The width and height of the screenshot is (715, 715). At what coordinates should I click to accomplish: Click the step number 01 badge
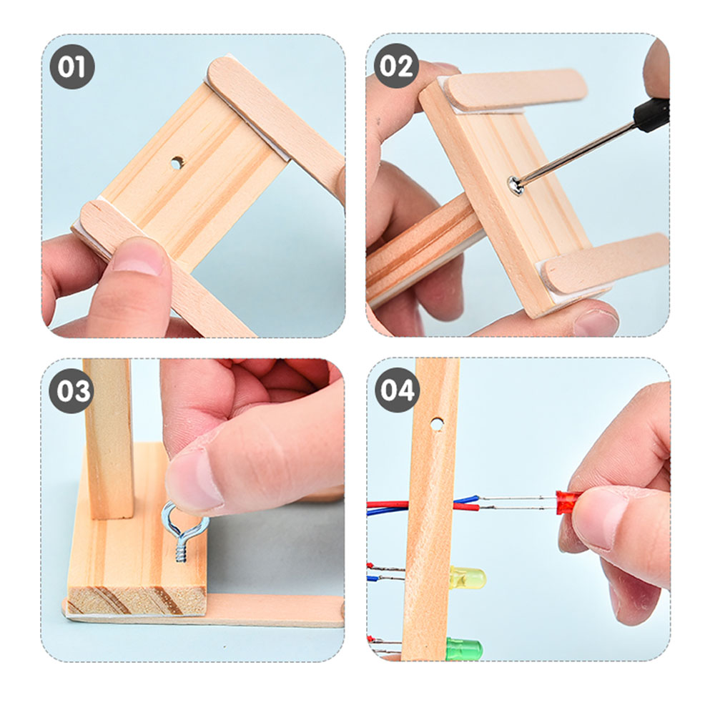72,66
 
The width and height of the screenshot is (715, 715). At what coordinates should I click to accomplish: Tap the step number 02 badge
396,66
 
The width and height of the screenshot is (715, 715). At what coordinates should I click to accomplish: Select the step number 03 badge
71,391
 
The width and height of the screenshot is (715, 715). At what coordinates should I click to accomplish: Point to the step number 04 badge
397,390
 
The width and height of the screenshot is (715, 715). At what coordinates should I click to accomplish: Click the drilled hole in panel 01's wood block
177,162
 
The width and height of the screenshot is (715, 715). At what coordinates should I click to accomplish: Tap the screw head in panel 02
516,185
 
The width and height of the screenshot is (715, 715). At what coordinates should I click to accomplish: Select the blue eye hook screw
182,531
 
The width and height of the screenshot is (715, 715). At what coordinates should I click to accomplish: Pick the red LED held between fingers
567,502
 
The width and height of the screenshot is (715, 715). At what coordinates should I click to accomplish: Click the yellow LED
468,578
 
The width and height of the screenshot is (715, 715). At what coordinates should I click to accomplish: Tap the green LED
464,648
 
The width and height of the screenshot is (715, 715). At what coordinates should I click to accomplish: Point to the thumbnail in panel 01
139,256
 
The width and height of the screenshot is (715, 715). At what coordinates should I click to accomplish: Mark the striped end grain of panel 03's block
137,600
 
